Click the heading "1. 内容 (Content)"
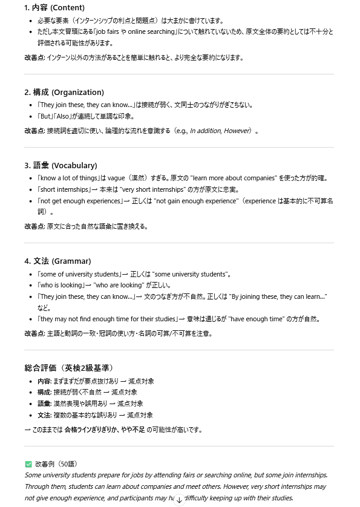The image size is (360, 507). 55,8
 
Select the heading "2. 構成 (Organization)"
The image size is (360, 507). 64,93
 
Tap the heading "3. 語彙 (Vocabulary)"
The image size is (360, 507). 61,166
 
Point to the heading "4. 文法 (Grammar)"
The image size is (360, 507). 57,261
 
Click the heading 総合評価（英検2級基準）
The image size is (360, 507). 68,368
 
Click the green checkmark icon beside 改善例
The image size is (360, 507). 28,464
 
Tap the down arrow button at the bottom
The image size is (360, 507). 179,500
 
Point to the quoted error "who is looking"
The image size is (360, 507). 61,285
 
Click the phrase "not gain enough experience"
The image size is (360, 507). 195,201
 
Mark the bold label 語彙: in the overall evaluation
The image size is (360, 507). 44,404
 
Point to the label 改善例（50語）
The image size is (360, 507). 56,464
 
